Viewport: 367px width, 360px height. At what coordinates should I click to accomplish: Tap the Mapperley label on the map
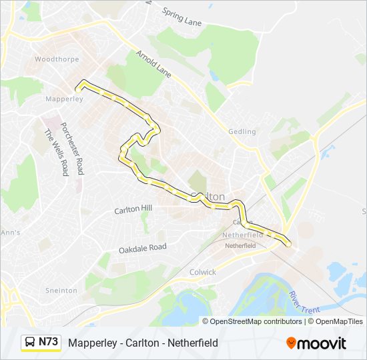pos(64,99)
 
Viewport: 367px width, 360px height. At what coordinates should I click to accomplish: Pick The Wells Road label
pos(57,152)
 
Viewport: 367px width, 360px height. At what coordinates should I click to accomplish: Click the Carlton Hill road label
pos(133,209)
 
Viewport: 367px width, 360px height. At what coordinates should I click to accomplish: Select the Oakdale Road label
pos(142,247)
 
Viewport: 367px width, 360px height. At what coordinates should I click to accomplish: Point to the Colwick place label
pos(203,272)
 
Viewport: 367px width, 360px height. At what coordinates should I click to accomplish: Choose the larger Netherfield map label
pos(242,235)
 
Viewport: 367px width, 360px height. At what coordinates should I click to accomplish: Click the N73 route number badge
pos(48,342)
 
